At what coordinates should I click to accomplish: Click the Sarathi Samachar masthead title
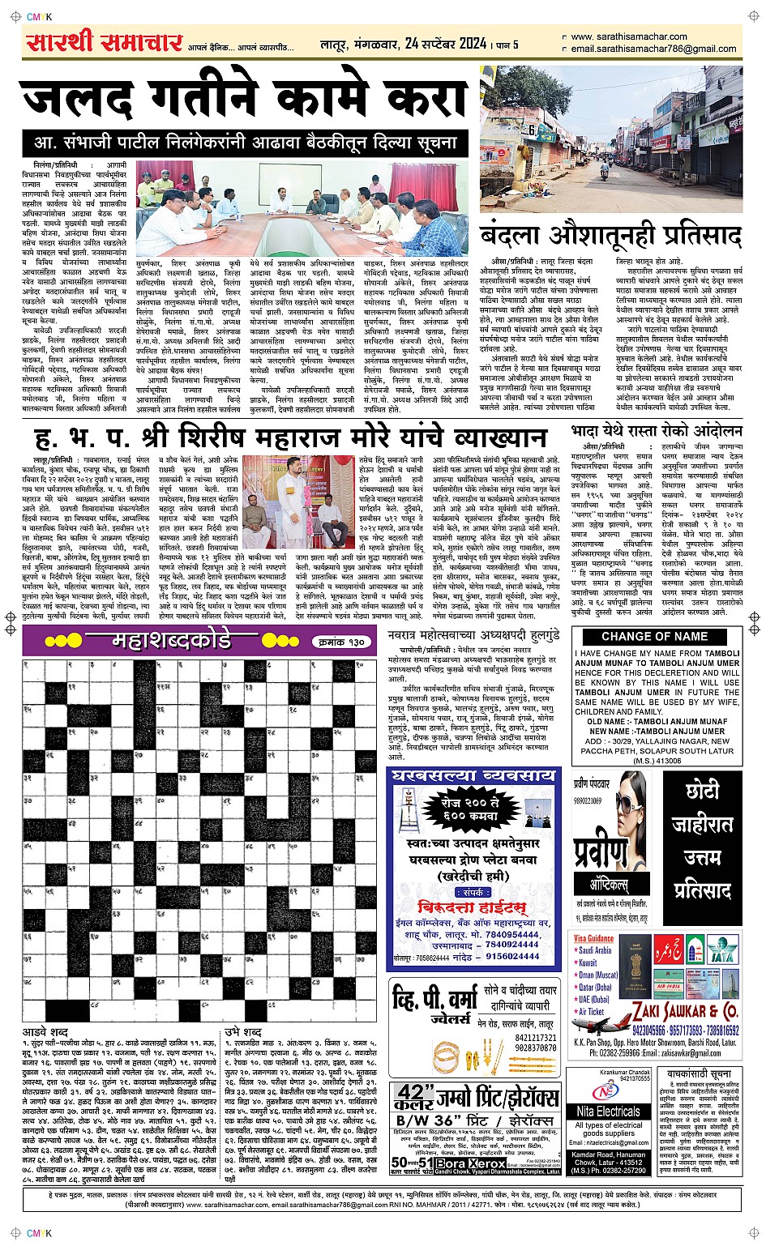(x=104, y=42)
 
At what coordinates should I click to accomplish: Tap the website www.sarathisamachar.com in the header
(x=628, y=36)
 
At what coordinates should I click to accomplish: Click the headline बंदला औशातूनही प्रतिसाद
(x=611, y=236)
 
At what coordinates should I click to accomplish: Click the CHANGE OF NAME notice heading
(x=654, y=636)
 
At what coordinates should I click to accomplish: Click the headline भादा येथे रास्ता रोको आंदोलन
(x=657, y=431)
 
